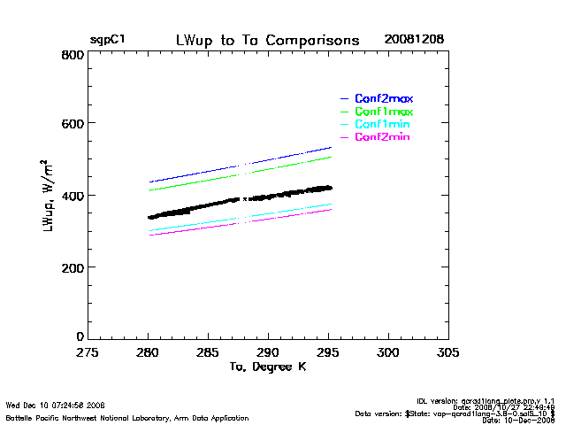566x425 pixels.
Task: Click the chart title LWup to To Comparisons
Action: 268,41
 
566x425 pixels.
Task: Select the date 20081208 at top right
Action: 414,41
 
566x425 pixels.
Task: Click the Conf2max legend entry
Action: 384,98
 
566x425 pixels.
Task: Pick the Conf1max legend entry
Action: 384,112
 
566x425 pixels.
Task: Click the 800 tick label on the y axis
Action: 73,55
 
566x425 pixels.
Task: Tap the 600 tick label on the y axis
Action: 73,124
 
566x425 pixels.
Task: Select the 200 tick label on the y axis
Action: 73,267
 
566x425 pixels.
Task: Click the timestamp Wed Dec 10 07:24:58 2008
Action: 56,405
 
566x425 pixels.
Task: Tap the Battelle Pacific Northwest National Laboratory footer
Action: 127,417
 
